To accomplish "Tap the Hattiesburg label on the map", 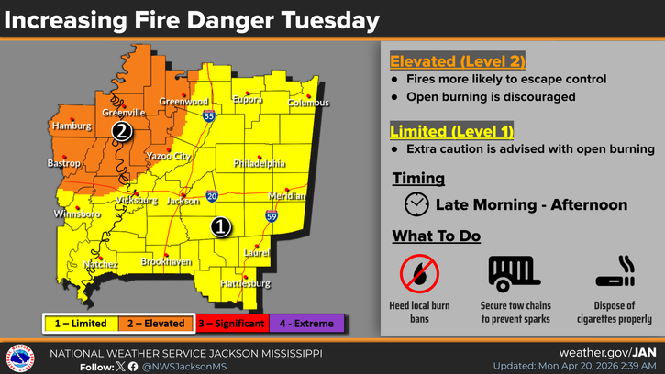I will [x=246, y=284].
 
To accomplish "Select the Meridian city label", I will [x=287, y=197].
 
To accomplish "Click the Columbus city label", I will [x=308, y=103].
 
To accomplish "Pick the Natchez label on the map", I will [x=101, y=265].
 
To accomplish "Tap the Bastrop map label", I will [x=64, y=163].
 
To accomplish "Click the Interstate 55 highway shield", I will [x=210, y=117].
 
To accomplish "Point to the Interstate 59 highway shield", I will [x=272, y=216].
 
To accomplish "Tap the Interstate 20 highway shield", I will [x=212, y=196].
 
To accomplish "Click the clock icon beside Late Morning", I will [x=416, y=204].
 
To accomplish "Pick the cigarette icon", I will [x=615, y=272].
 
